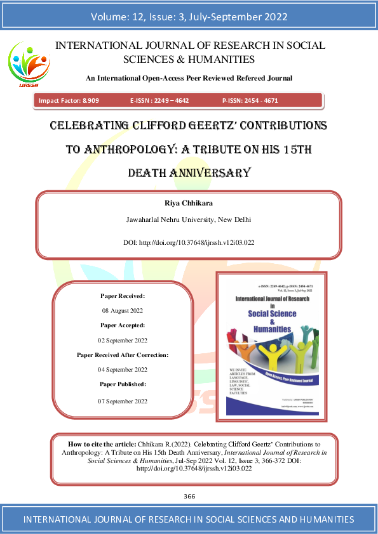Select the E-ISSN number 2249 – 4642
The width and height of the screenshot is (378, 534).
171,100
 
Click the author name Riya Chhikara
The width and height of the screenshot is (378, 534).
189,204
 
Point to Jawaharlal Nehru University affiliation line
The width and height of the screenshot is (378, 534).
189,220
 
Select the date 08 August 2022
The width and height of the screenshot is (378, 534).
123,311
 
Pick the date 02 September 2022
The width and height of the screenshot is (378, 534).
123,340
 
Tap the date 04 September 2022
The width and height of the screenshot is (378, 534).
123,369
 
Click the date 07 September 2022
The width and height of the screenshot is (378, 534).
123,401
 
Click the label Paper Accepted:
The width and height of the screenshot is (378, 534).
123,325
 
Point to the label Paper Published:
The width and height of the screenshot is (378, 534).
123,384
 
